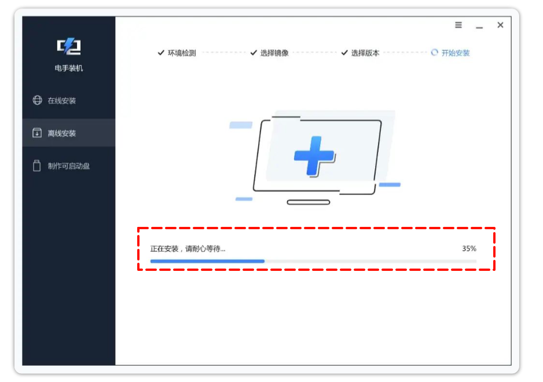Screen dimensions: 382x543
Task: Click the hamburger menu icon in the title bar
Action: pos(458,25)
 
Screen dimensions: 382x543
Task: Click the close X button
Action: pos(500,25)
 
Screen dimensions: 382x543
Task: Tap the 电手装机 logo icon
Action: pos(68,46)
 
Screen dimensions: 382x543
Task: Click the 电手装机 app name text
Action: pos(68,68)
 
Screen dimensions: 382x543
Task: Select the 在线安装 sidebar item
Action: pos(61,101)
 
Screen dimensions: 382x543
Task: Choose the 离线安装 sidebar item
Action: pos(61,134)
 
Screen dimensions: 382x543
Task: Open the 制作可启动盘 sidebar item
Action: pos(68,167)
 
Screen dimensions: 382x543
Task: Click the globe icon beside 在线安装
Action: pos(36,101)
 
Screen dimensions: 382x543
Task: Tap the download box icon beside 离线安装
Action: pos(36,133)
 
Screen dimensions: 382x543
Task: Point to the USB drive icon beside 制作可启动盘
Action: pos(36,166)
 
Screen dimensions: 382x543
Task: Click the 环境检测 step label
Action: pos(182,53)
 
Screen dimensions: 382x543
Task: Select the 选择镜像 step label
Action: pos(274,53)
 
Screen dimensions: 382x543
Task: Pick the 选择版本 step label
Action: pos(365,53)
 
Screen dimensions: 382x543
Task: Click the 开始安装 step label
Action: pos(456,53)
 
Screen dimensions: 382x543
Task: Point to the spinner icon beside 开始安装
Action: pos(435,53)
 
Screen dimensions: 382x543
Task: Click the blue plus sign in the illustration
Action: pos(314,156)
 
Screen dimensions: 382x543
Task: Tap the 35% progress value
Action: pos(469,249)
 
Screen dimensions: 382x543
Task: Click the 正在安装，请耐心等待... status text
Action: pos(188,249)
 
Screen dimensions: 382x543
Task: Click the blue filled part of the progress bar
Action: pos(207,262)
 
